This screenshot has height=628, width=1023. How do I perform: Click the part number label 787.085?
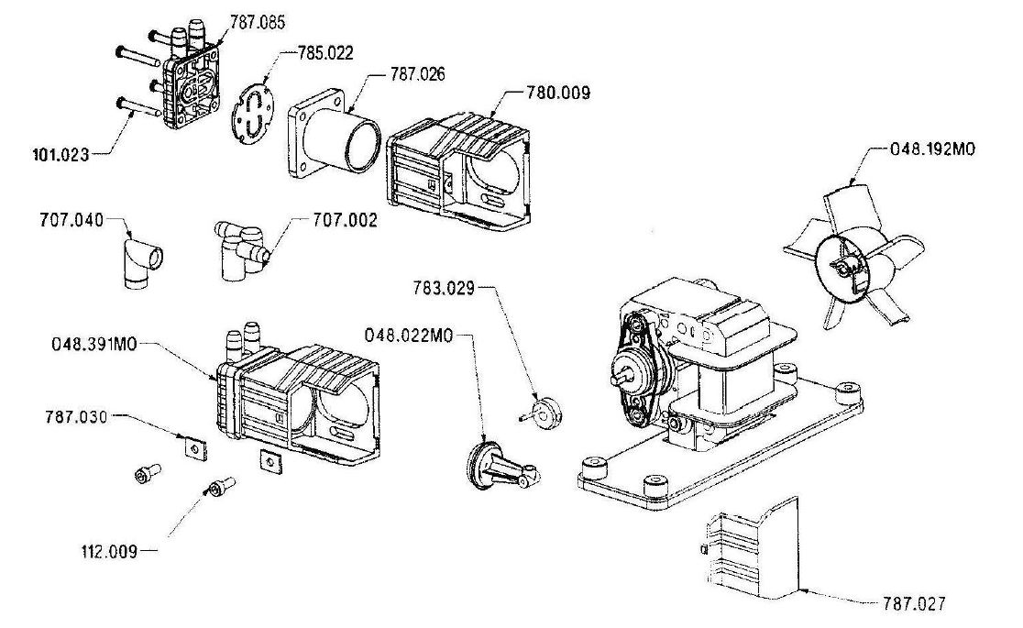tap(257, 22)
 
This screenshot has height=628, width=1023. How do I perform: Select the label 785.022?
tap(325, 53)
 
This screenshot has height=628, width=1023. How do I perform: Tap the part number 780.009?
tap(558, 93)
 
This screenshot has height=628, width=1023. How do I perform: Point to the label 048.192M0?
tap(933, 149)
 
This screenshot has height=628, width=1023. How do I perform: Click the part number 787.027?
tap(914, 604)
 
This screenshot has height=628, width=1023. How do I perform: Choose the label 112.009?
tap(110, 552)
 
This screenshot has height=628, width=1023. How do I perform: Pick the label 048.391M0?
tap(94, 344)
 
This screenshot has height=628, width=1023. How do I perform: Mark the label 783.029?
tap(444, 288)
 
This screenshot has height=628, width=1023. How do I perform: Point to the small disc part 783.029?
tap(544, 413)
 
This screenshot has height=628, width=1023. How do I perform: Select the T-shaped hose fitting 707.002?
tap(240, 250)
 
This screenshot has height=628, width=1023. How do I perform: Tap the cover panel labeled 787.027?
tap(753, 548)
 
